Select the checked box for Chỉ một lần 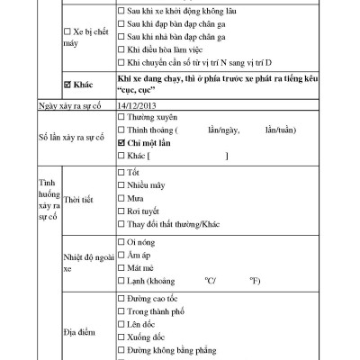point(121,142)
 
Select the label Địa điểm point(79,331)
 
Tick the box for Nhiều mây point(121,184)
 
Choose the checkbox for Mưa point(121,197)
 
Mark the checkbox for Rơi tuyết point(121,211)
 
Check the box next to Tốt point(121,171)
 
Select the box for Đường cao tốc point(121,298)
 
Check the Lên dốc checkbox point(121,324)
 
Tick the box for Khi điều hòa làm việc point(121,50)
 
